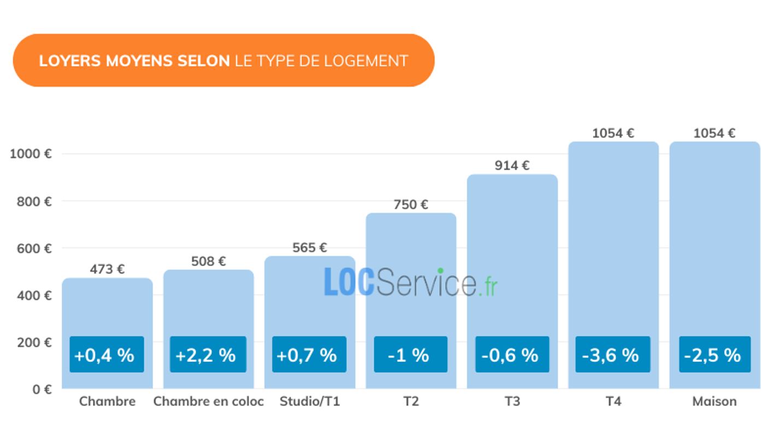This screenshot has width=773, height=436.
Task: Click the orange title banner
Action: pos(223,60)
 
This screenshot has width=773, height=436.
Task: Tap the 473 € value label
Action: pos(107,269)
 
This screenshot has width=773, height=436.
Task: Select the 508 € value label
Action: pos(208,261)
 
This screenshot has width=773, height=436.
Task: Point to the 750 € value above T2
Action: pos(411,205)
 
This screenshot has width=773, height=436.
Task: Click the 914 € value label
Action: pos(512,166)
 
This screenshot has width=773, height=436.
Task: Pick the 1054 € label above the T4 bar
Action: pos(613,133)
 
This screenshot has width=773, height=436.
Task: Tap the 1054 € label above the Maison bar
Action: pos(715,133)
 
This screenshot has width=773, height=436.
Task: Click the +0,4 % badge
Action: pos(107,355)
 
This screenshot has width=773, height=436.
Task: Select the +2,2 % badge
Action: pos(208,355)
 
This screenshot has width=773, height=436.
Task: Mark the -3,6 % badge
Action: pos(613,355)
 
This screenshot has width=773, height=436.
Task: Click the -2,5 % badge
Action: pos(715,355)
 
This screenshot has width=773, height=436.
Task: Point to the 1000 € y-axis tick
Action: pos(31,154)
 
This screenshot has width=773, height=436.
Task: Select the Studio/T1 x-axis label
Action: pos(309,402)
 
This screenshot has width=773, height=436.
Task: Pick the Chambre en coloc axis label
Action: pos(208,402)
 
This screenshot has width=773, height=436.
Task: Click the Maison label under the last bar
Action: pos(715,402)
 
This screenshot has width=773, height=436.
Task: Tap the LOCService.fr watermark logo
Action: pos(411,282)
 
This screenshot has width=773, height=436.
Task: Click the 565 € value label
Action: pos(309,248)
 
